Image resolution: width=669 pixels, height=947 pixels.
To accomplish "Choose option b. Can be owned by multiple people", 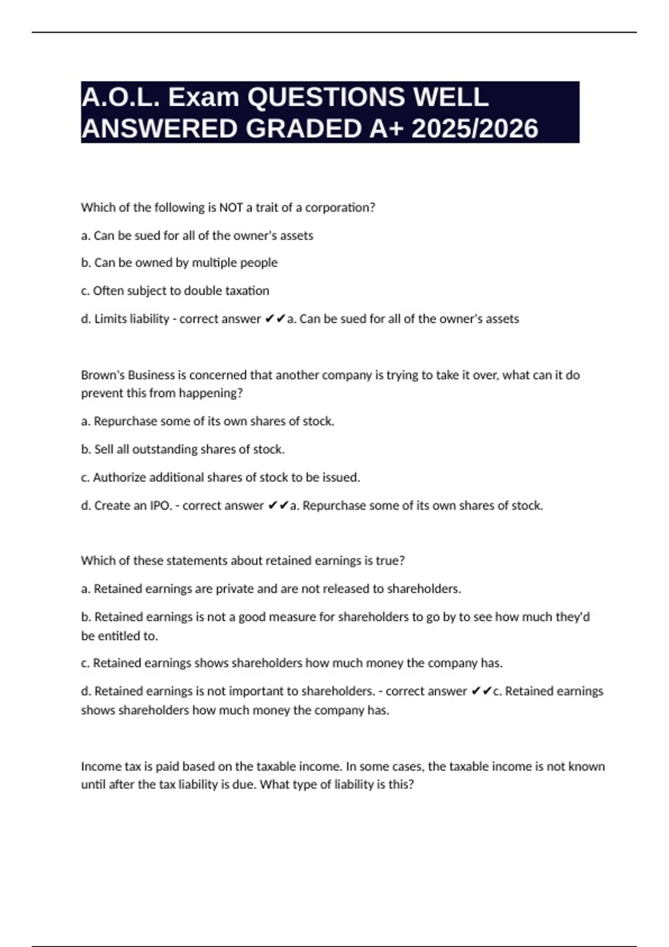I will tap(179, 262).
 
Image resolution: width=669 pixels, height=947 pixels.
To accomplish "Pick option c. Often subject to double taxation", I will tap(175, 291).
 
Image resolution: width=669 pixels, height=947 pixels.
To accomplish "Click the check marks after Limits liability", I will tap(274, 319).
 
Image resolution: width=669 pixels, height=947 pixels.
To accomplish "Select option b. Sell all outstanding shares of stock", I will tap(183, 449).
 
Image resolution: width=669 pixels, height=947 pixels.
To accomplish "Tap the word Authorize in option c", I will tap(120, 477).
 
